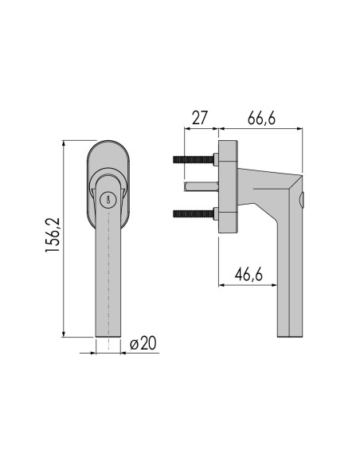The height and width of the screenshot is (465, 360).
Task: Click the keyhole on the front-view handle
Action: (x=108, y=201)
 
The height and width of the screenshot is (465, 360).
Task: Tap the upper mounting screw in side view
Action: (x=195, y=159)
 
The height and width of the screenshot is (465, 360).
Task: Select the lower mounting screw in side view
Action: (x=195, y=213)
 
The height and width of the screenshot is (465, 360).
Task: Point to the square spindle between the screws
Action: (x=200, y=186)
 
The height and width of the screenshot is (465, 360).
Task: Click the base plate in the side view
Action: (x=228, y=186)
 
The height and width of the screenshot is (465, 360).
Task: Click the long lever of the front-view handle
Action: (x=108, y=279)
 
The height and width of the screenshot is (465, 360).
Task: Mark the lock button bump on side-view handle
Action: (x=303, y=197)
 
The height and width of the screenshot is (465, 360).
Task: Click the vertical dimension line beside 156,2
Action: (x=65, y=238)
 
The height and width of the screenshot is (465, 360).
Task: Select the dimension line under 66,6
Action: (x=260, y=127)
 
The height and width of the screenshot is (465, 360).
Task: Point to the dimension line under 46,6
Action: (x=247, y=284)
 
